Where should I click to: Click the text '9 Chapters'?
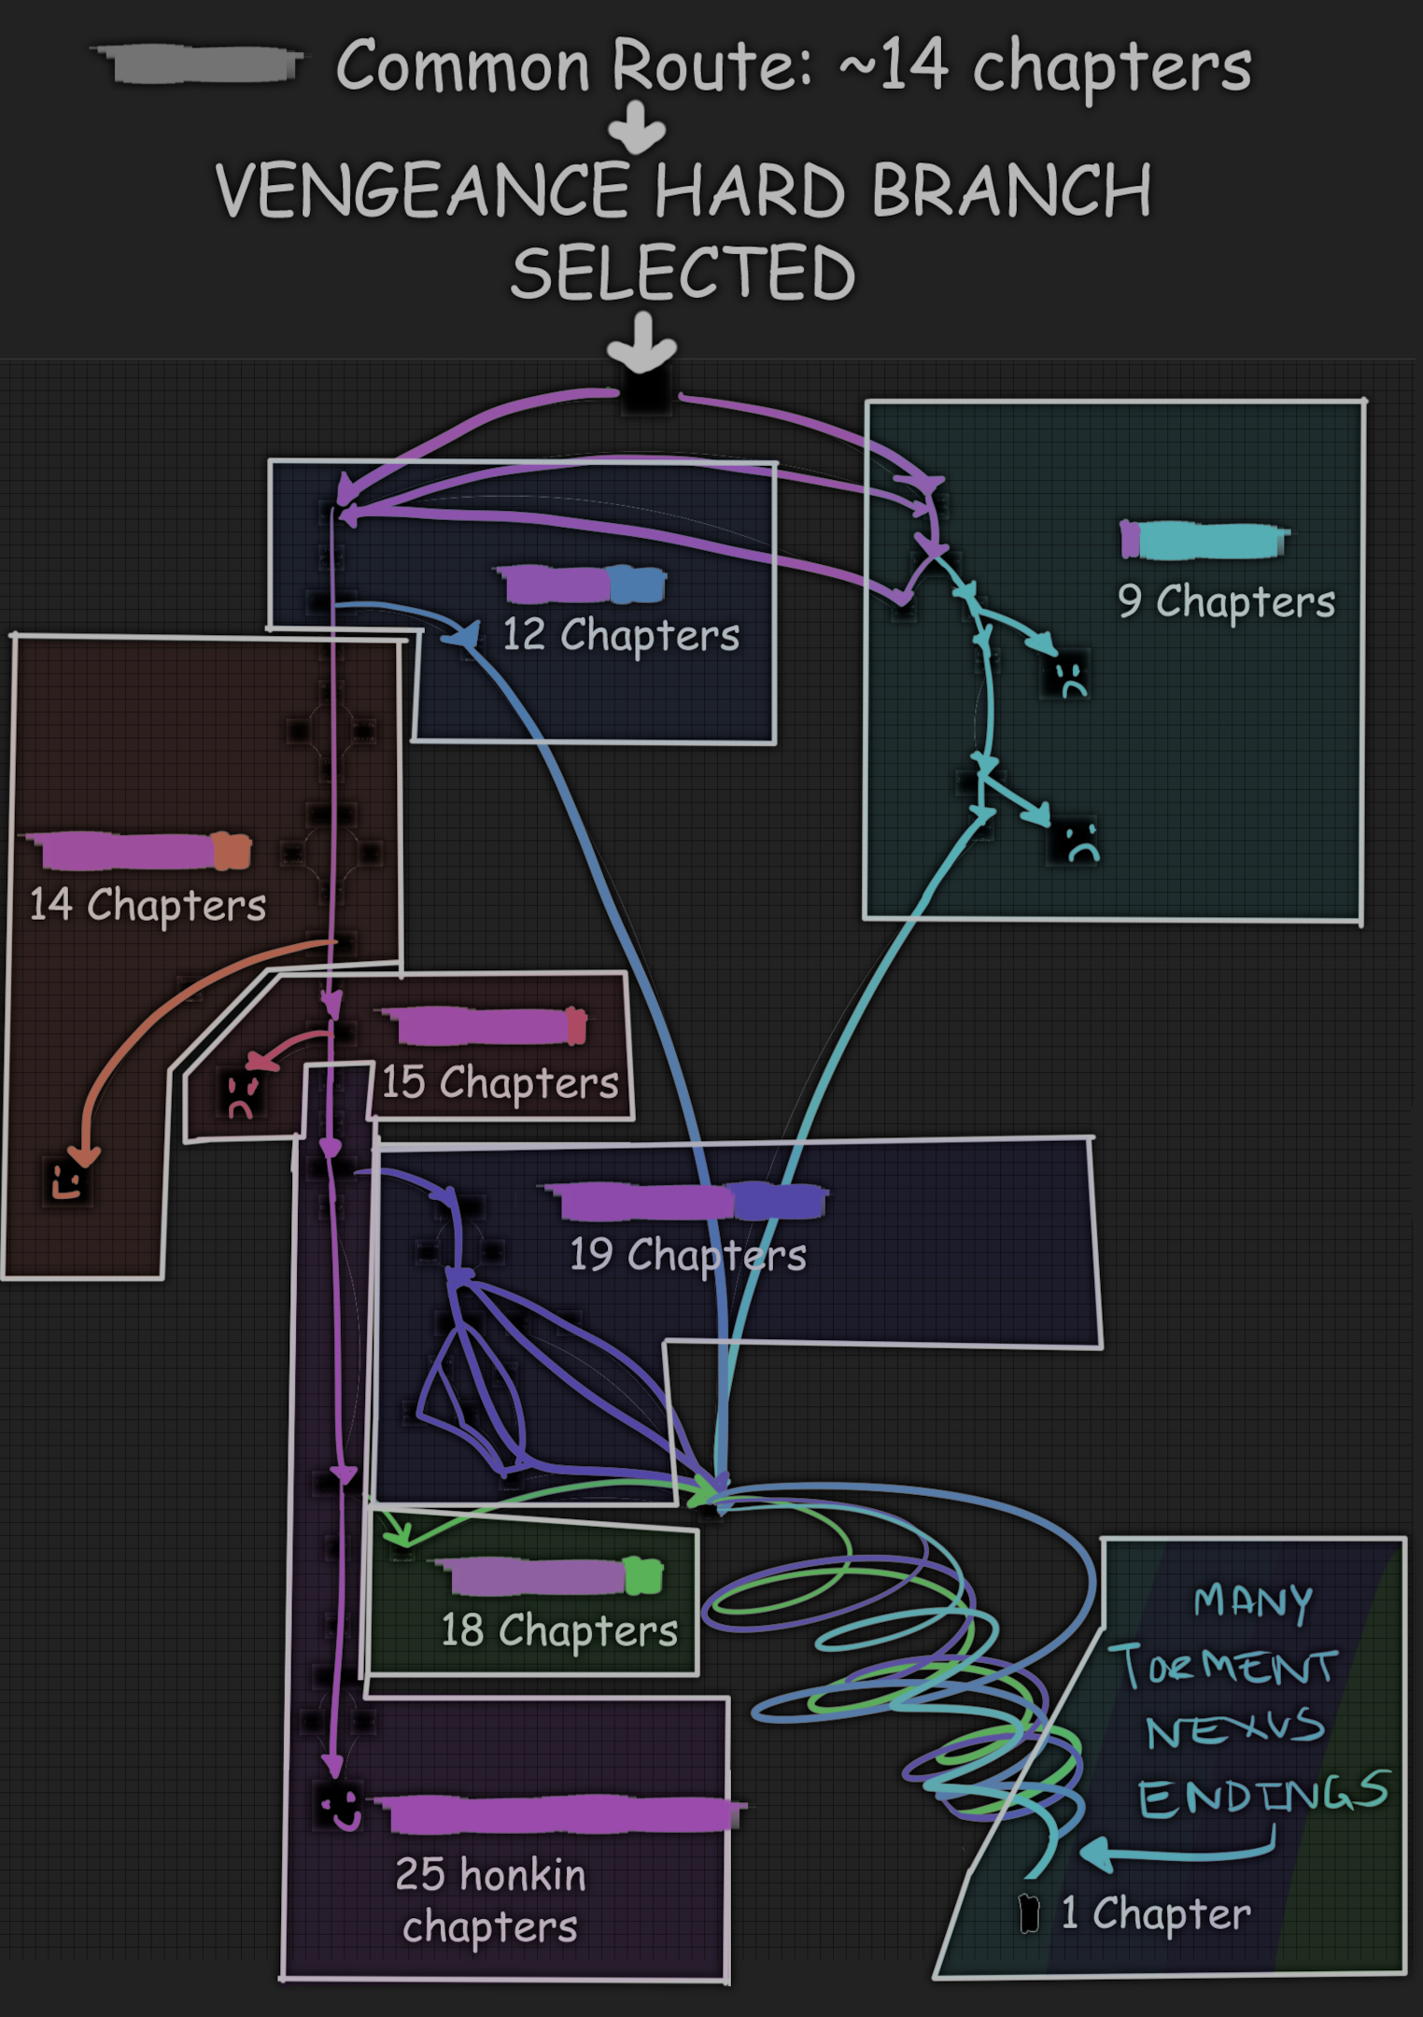1226,602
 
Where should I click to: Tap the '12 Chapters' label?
621,635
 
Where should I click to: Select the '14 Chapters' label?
148,905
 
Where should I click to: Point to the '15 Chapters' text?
500,1082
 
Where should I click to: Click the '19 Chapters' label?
688,1255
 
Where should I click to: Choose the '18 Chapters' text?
559,1630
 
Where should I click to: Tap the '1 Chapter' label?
1156,1913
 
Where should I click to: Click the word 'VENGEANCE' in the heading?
423,191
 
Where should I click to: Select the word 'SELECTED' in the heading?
683,274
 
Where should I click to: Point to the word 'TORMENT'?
1223,1667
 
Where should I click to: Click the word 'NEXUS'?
1234,1730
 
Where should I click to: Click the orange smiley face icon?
67,1180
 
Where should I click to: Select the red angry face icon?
241,1093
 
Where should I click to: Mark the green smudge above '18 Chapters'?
643,1576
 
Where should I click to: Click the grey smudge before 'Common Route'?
200,63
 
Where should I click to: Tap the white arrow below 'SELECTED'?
642,343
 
